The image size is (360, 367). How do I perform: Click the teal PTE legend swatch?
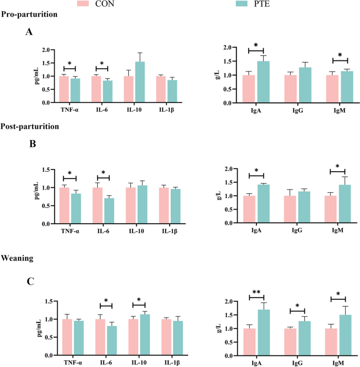(243, 4)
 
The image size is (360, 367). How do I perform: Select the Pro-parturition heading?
(29, 15)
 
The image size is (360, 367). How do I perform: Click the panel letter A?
(29, 33)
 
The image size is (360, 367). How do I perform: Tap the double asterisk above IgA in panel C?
(256, 291)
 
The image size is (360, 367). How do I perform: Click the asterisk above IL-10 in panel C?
(139, 300)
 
